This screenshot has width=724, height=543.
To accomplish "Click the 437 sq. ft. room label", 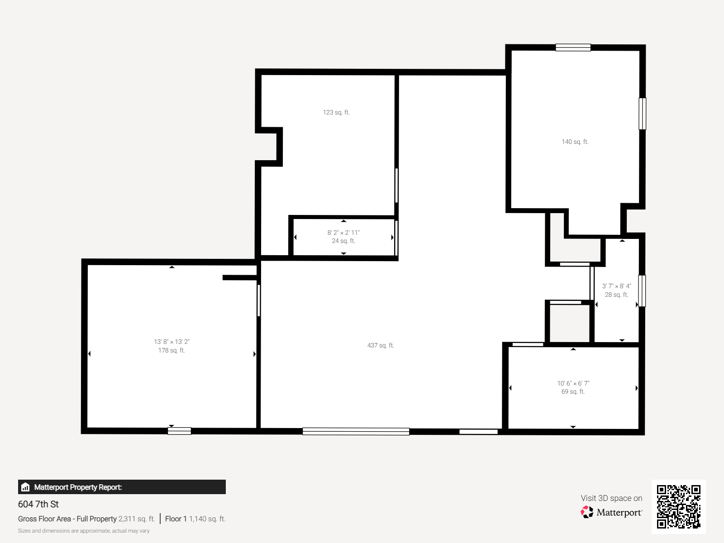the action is point(381,345).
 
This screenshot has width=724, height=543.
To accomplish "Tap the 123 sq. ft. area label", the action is point(336,112).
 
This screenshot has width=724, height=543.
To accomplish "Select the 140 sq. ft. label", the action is point(575,142).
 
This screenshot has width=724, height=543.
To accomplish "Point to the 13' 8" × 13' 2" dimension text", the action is point(171,342).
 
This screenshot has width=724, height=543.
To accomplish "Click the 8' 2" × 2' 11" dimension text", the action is point(343,233).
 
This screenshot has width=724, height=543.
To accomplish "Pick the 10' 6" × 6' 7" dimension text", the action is point(573,383).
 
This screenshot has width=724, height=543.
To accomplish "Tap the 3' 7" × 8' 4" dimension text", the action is point(616,286).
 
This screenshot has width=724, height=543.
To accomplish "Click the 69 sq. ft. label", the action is point(573,392).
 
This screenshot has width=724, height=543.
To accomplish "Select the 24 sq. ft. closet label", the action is point(343,241).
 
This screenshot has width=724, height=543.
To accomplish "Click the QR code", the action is point(678,507).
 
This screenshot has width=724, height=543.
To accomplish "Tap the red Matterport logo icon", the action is point(587,512).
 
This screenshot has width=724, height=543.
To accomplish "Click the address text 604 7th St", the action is point(38,504).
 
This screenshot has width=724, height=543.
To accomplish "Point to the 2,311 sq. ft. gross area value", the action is point(137,519).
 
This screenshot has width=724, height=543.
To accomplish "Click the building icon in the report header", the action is point(25,487).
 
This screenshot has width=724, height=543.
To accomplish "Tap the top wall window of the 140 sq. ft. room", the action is point(573,48).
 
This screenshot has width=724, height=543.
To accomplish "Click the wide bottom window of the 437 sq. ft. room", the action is point(356,431).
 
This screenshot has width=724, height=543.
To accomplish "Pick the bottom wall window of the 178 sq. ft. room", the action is point(180,431).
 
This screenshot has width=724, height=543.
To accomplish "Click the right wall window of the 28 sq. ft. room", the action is point(642,291).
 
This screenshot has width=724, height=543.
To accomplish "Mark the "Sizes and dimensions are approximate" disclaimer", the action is point(84,531).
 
